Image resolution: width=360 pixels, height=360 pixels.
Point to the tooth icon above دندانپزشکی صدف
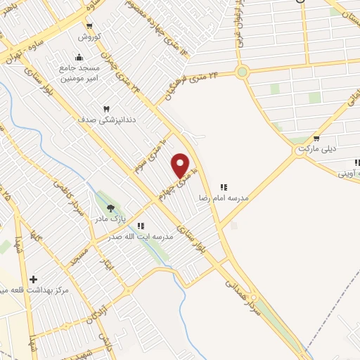[106, 109]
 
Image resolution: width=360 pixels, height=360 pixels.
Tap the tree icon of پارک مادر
[110, 207]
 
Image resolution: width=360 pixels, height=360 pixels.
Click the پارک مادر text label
[111, 219]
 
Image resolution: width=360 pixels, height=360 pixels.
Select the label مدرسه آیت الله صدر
[140, 238]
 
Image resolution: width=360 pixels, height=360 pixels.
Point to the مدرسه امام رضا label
[224, 198]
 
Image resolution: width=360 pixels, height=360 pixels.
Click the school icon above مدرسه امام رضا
[224, 187]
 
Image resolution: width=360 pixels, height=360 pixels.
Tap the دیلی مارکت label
[316, 150]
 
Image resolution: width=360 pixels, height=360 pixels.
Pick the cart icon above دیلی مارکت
[317, 139]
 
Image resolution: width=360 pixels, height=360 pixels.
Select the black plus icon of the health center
[32, 279]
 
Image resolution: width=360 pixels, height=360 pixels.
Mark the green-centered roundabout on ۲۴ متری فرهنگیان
[243, 71]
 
